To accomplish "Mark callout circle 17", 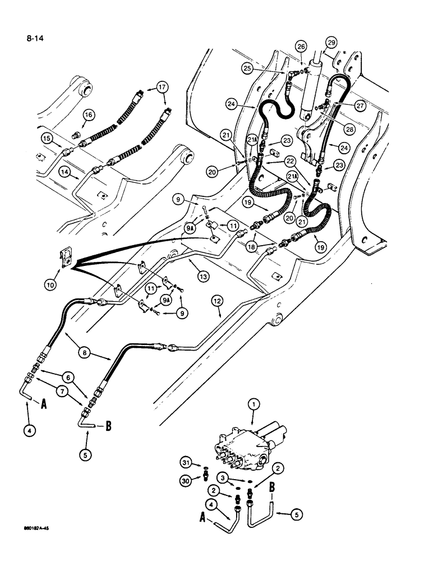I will pos(162,87).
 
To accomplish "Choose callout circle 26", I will pos(302,47).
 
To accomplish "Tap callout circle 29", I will pos(331,43).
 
